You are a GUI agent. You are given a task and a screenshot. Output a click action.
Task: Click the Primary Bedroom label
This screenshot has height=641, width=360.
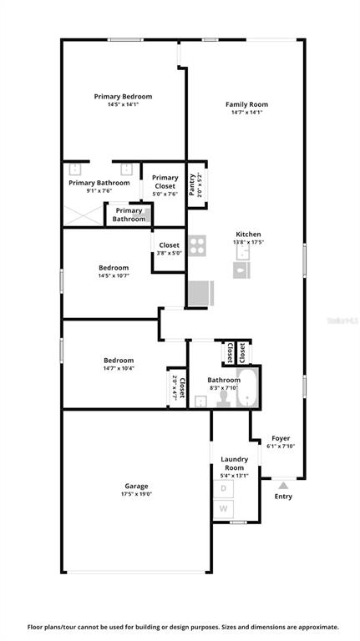tap(123, 97)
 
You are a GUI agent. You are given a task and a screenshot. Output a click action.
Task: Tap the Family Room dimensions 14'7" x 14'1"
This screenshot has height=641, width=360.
tap(246, 112)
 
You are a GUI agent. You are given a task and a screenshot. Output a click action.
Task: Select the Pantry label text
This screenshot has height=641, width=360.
tap(191, 184)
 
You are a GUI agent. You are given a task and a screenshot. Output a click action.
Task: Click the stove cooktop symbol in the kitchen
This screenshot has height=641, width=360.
tap(197, 245)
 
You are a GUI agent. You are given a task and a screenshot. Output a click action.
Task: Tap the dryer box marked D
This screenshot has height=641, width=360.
tap(223, 488)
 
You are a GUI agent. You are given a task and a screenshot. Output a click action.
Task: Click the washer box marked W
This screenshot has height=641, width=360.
tap(223, 509)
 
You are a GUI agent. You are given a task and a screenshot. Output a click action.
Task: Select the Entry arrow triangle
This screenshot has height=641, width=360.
tap(283, 485)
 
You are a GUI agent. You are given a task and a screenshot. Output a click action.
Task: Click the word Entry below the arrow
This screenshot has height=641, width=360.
tap(283, 497)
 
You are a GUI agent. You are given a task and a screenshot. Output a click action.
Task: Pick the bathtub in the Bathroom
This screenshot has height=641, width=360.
tap(247, 386)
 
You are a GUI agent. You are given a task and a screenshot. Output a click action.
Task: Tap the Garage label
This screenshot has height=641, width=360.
tap(137, 486)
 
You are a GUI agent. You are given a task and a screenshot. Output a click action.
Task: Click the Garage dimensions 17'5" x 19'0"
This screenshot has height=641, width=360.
tap(137, 494)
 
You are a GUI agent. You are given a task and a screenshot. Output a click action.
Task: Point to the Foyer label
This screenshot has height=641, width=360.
tap(281, 438)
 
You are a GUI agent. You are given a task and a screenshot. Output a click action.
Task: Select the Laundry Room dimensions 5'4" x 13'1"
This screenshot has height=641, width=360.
tap(235, 476)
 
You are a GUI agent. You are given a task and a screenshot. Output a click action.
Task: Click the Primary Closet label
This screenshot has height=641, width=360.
tap(165, 181)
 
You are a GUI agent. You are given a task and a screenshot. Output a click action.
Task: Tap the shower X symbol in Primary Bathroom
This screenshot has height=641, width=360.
tap(84, 215)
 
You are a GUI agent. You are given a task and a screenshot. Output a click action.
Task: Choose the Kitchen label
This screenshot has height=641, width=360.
tap(248, 235)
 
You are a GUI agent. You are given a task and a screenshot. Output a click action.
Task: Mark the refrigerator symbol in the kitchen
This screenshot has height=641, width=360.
tap(200, 293)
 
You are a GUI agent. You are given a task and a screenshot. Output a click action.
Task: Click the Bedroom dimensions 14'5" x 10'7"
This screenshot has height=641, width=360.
tap(114, 275)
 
